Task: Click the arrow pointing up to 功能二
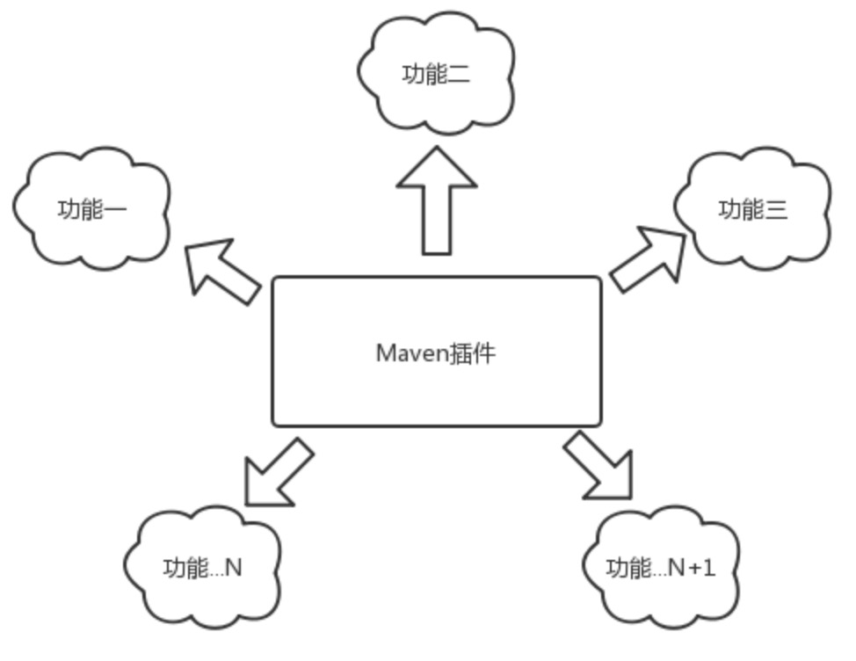[437, 200]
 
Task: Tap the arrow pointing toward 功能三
[647, 259]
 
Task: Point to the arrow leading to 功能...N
[276, 474]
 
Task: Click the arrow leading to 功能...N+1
[600, 465]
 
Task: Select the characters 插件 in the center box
[472, 353]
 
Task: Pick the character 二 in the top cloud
[459, 75]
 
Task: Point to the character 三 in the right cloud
[776, 210]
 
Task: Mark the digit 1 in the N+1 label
[710, 568]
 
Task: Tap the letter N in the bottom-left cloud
[233, 568]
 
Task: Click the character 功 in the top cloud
[413, 75]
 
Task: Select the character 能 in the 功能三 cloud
[753, 210]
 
